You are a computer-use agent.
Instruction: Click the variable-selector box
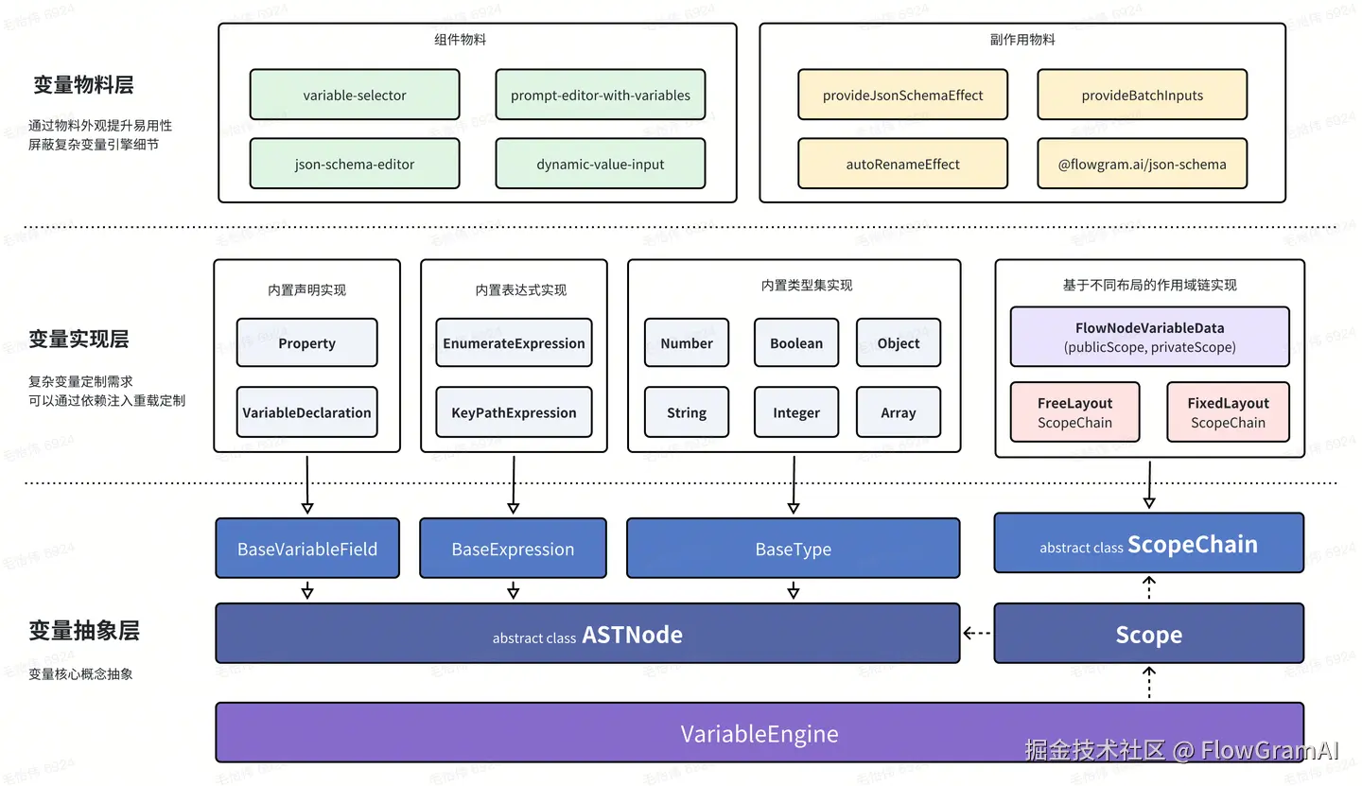[355, 95]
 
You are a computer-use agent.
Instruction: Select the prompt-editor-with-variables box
[601, 95]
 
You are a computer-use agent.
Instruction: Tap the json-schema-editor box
[355, 164]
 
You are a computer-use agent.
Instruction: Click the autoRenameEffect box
[902, 164]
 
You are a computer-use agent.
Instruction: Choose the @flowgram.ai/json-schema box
[1142, 164]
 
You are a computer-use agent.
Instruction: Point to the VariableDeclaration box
[306, 412]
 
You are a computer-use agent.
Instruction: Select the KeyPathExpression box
[514, 412]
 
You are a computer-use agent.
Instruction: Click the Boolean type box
[796, 343]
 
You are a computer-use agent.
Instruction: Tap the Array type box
[898, 412]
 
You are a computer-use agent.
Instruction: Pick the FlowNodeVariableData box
[1149, 337]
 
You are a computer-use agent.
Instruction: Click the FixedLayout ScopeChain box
[1228, 412]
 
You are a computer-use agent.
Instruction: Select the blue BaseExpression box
[513, 549]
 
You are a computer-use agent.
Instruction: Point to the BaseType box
[793, 549]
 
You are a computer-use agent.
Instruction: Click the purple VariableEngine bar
[760, 733]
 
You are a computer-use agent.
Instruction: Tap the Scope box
[1148, 634]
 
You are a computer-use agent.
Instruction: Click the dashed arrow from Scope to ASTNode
[977, 634]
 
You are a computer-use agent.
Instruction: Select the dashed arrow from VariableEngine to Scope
[1149, 682]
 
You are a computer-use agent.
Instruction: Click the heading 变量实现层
[79, 339]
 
